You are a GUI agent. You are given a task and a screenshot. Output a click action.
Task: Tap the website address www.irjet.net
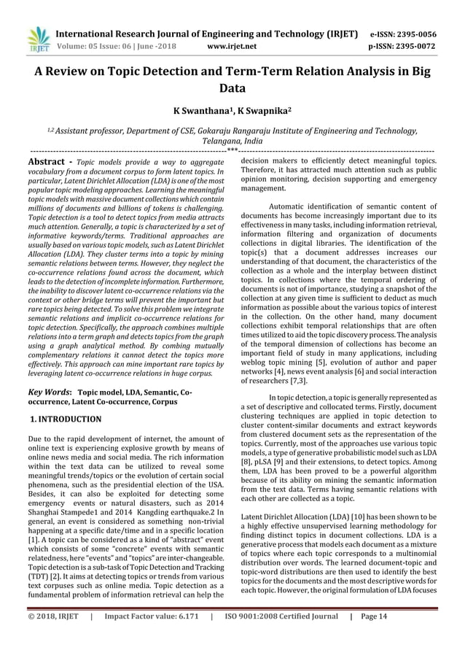point(232,46)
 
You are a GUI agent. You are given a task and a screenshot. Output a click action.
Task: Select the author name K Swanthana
point(199,114)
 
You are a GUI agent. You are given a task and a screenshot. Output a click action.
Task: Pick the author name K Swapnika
point(264,114)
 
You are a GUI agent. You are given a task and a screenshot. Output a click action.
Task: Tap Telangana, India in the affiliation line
point(232,142)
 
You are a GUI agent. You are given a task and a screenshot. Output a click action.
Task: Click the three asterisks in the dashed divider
point(232,151)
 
